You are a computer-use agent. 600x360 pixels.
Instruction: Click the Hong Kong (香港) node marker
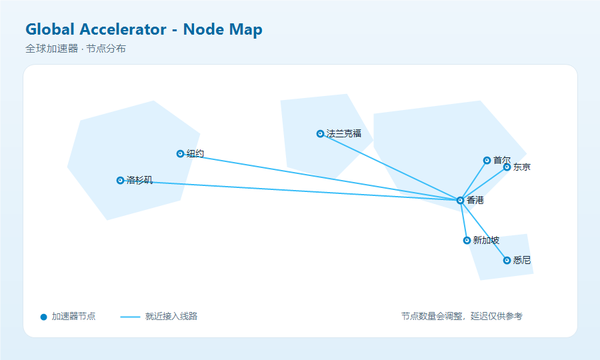460,201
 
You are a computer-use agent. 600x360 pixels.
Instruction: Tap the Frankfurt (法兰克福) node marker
320,133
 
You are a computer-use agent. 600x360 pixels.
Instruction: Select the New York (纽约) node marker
180,154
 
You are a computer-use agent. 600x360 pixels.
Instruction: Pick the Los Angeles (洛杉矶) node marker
120,180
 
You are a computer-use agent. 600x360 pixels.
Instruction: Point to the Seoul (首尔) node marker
487,160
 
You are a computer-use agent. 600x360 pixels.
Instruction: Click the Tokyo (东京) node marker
507,167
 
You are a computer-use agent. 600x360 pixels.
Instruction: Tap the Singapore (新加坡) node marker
467,240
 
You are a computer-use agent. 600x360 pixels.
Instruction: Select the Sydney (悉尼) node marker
507,261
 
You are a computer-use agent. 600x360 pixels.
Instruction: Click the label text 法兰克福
343,133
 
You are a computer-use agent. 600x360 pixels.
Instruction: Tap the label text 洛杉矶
139,180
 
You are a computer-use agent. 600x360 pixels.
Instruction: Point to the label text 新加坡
486,240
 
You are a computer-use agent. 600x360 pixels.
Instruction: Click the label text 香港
475,201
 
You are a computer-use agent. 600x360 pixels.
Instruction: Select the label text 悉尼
522,261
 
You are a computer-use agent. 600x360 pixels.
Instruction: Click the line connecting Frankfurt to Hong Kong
390,167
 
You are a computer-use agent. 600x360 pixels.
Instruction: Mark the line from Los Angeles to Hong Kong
290,190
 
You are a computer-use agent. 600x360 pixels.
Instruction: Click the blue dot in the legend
43,317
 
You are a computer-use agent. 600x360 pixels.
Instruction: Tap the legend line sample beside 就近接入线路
130,317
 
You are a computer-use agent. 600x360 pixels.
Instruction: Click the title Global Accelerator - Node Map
144,29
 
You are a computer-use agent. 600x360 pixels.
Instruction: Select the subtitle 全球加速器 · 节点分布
76,49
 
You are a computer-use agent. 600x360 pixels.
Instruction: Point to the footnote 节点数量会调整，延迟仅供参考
462,317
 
